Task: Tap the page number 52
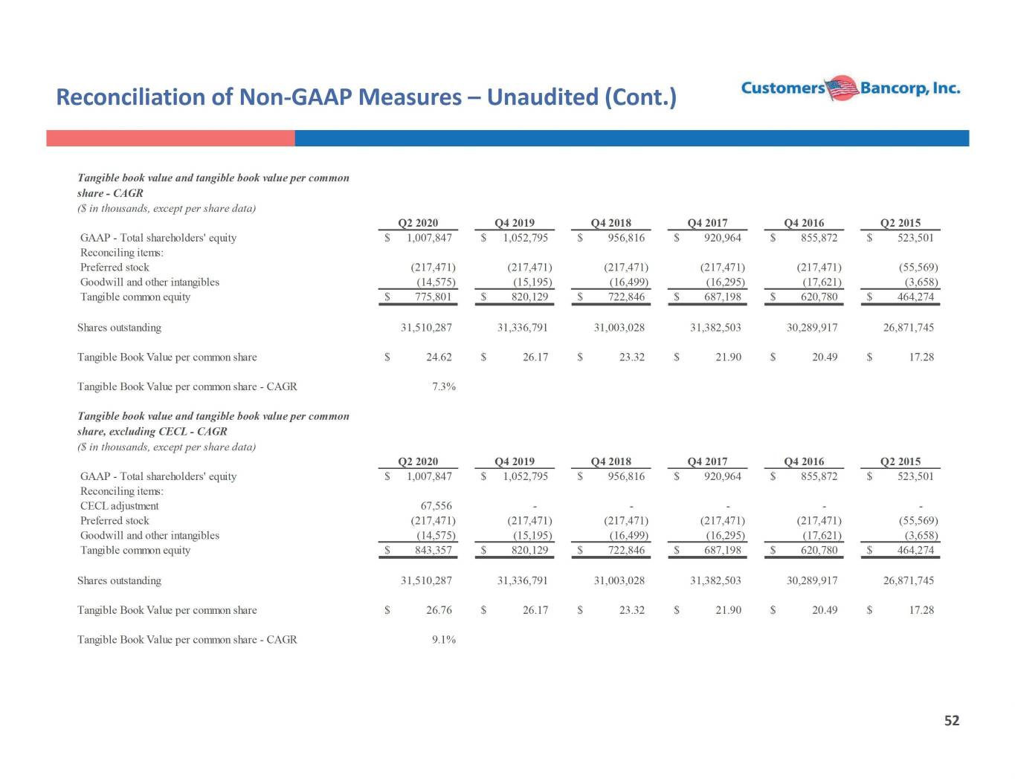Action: point(952,721)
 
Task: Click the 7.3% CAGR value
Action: point(444,386)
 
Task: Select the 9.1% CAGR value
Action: point(444,639)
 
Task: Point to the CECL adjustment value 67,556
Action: point(436,506)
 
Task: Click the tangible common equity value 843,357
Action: point(434,550)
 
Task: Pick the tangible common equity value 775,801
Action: point(434,297)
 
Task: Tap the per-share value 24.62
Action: point(439,357)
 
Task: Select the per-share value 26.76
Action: point(439,610)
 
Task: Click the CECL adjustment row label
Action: point(120,506)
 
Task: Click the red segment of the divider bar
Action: point(170,138)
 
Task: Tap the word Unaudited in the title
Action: point(542,97)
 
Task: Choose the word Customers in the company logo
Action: point(783,88)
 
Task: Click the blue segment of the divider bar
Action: point(632,138)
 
